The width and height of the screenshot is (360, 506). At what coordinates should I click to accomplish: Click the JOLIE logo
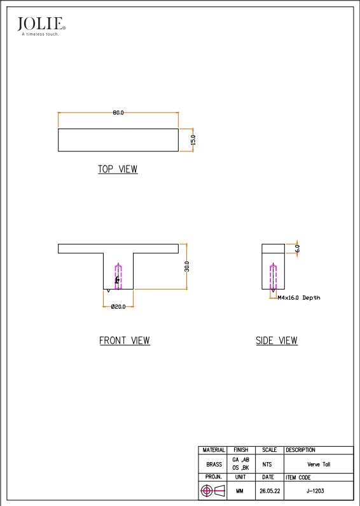pyautogui.click(x=41, y=26)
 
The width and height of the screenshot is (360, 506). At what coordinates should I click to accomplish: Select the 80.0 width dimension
pyautogui.click(x=118, y=113)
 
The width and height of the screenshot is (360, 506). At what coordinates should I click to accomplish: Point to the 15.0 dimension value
pyautogui.click(x=193, y=140)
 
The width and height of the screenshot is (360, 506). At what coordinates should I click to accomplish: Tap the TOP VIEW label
pyautogui.click(x=118, y=169)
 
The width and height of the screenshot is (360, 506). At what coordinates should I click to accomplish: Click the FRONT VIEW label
pyautogui.click(x=125, y=341)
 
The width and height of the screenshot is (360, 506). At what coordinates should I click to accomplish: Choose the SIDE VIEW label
pyautogui.click(x=277, y=341)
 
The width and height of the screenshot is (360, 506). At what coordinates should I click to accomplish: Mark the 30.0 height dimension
pyautogui.click(x=187, y=267)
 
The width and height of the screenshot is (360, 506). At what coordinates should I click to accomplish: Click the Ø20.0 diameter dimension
pyautogui.click(x=118, y=307)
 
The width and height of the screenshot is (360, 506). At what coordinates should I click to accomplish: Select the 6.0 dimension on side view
pyautogui.click(x=297, y=248)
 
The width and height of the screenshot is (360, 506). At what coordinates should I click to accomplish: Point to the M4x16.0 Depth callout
pyautogui.click(x=299, y=298)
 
